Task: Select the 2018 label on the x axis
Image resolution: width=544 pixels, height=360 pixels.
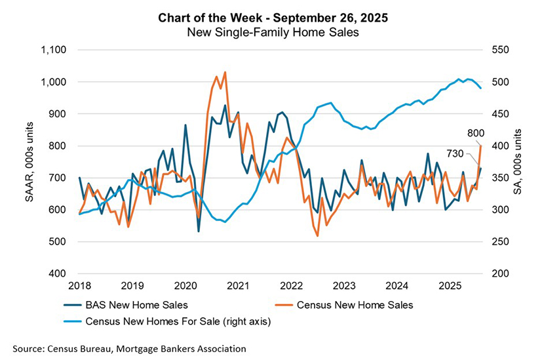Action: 79,286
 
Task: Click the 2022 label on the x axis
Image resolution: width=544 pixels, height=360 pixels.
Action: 290,286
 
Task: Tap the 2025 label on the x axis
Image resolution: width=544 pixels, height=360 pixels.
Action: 448,286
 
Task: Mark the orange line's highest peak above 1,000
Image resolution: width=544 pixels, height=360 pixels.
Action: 225,72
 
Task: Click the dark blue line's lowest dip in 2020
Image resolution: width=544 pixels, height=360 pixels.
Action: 199,231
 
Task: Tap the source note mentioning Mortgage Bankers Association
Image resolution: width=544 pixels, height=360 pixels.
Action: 129,348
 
